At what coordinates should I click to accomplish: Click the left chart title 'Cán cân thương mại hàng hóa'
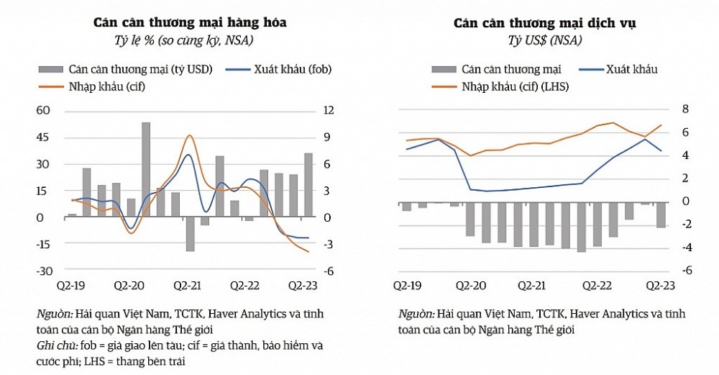(x=190, y=22)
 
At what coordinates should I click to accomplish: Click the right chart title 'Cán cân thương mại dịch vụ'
(x=544, y=23)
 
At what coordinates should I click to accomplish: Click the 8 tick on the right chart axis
(x=685, y=109)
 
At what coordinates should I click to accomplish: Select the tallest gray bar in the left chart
(x=146, y=169)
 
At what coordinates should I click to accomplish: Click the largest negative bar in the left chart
(x=191, y=234)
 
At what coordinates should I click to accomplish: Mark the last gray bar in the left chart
(x=308, y=184)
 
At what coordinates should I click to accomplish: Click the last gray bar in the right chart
(x=661, y=215)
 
